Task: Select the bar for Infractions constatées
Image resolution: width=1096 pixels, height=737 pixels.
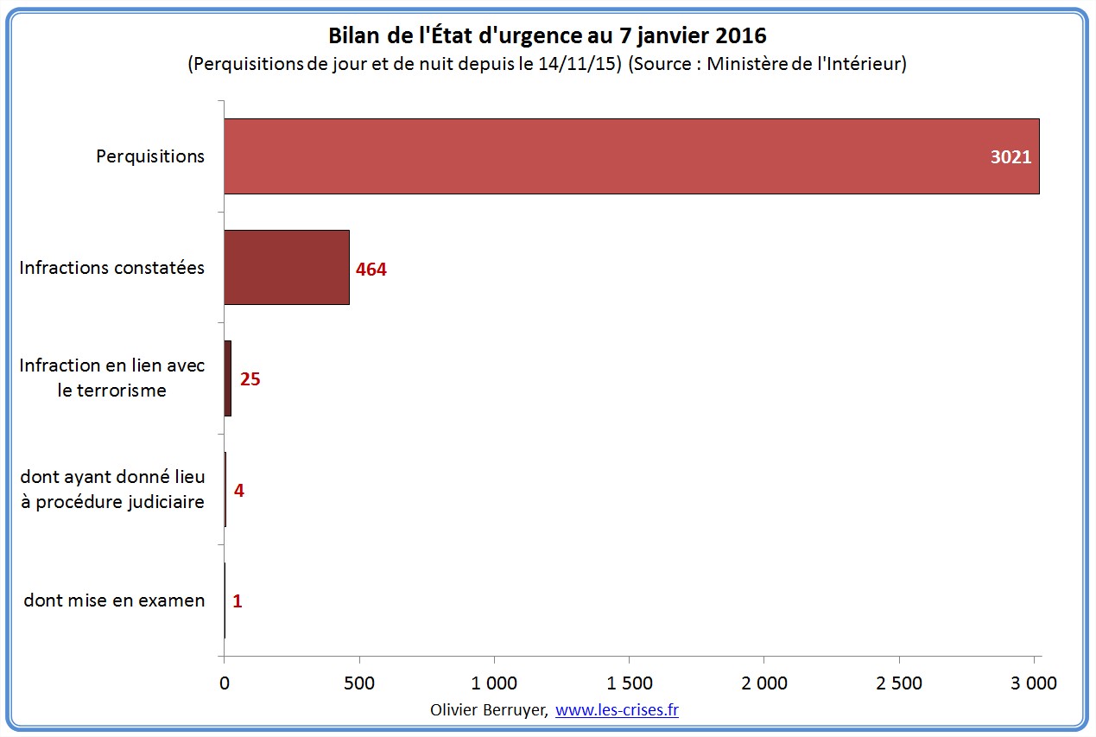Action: [x=287, y=267]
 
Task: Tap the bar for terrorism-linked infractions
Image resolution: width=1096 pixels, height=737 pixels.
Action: [x=228, y=378]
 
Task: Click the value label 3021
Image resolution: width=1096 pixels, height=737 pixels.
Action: [x=1011, y=157]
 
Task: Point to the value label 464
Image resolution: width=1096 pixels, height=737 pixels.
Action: [x=371, y=269]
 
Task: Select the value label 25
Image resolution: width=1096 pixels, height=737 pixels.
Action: [x=250, y=379]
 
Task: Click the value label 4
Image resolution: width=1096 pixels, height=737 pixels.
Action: [x=239, y=490]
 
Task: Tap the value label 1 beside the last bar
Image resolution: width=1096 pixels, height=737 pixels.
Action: [x=238, y=600]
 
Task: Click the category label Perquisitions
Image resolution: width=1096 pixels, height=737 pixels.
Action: [x=150, y=156]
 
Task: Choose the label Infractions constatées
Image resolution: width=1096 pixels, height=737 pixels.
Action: [x=112, y=267]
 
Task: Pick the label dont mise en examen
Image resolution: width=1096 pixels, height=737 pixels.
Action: [x=114, y=600]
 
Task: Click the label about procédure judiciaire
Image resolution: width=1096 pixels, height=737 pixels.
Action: [x=112, y=489]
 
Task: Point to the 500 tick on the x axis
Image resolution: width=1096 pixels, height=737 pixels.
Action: [x=359, y=683]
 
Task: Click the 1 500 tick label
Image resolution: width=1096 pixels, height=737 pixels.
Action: [x=630, y=683]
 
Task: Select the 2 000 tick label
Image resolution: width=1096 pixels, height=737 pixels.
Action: [x=764, y=683]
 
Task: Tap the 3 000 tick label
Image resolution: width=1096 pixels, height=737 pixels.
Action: [x=1035, y=683]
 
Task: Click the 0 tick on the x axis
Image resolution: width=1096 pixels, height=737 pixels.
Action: [x=225, y=683]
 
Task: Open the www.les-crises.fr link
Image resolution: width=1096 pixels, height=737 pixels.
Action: [x=617, y=709]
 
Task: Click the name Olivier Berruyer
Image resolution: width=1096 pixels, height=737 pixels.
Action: [x=488, y=709]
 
